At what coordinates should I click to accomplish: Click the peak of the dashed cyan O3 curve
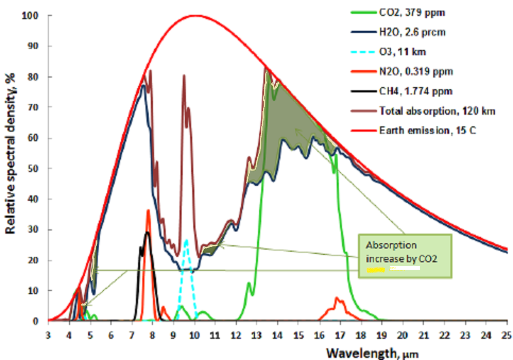click(x=187, y=240)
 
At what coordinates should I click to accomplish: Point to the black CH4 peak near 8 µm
click(x=147, y=232)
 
